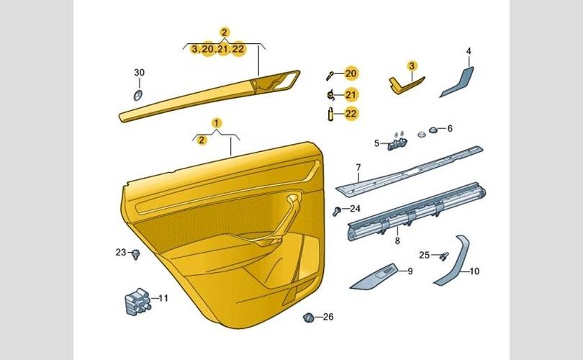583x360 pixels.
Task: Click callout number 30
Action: tap(139, 73)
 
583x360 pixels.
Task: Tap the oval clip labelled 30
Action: tap(138, 95)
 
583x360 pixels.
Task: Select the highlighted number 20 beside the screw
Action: tap(351, 73)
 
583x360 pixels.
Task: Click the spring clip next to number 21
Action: tap(331, 96)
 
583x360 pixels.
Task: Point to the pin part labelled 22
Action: tap(330, 114)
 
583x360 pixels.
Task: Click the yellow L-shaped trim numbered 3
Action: tap(405, 85)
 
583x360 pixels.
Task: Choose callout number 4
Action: tap(469, 51)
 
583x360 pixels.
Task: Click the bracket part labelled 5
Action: tap(397, 143)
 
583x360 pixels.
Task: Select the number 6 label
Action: tap(450, 128)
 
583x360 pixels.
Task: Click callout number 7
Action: tap(358, 167)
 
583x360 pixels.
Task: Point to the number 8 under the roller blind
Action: tap(397, 240)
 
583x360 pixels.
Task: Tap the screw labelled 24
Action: tap(337, 212)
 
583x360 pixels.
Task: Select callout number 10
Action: tap(474, 271)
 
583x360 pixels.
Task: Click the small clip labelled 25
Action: tap(444, 256)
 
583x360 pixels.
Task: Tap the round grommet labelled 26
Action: tap(308, 318)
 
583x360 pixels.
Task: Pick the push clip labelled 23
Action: tap(136, 254)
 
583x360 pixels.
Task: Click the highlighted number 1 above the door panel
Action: tap(217, 122)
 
